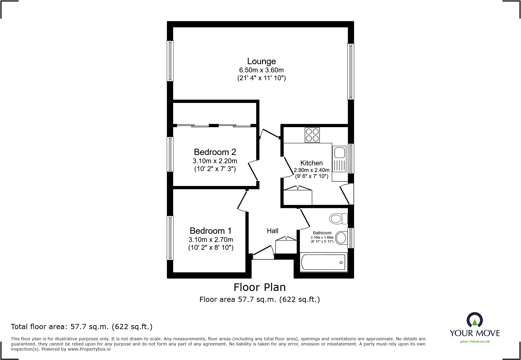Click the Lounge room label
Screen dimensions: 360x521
(x=261, y=61)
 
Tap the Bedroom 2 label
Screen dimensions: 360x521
(x=215, y=152)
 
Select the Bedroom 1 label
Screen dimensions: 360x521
(x=211, y=231)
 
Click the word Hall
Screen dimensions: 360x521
(x=272, y=231)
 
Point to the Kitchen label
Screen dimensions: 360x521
(x=311, y=163)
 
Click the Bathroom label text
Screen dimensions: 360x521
(x=322, y=233)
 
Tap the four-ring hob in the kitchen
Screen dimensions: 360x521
(x=312, y=135)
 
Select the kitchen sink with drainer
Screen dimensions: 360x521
(x=339, y=159)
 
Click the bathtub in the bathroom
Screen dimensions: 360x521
(x=323, y=262)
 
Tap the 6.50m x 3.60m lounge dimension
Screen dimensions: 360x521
(x=261, y=70)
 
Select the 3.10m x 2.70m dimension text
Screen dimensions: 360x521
(x=211, y=240)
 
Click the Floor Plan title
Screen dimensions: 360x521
(x=260, y=287)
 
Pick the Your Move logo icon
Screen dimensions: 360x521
(x=474, y=320)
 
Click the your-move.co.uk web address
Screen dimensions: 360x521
(x=475, y=342)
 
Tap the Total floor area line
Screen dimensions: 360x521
(x=82, y=327)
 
